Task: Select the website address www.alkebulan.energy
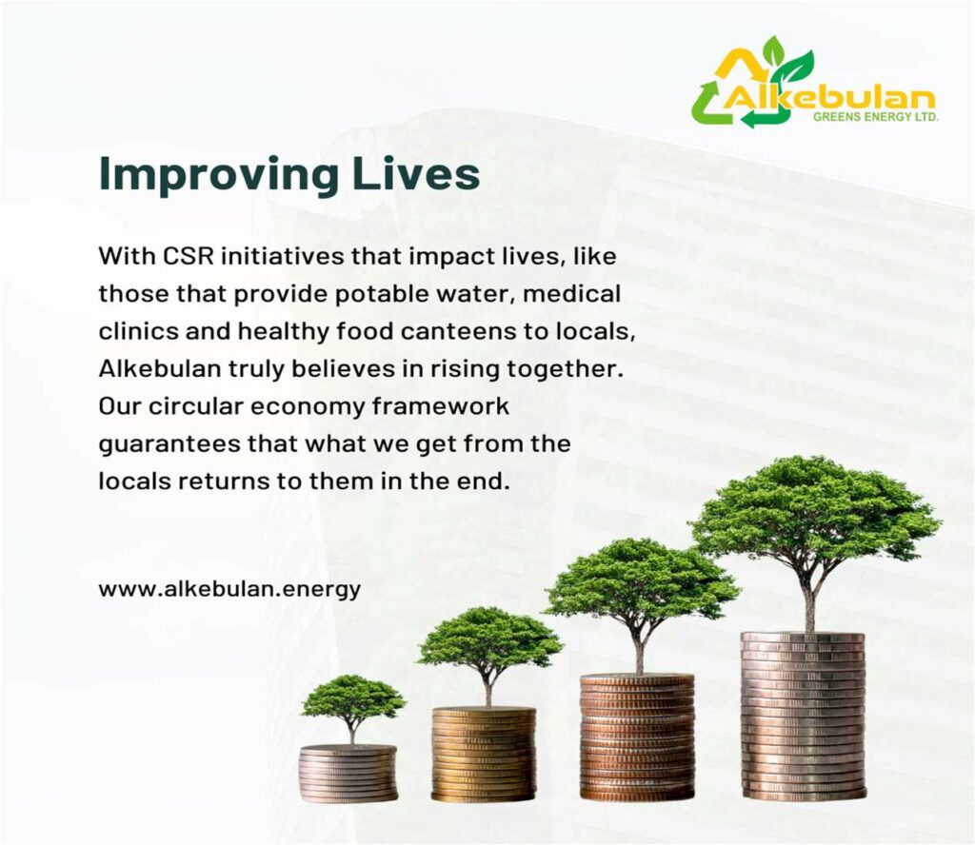pos(229,589)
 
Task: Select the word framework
pos(440,405)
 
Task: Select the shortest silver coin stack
pos(348,774)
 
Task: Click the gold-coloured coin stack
pos(484,754)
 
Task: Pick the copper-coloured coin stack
pos(637,737)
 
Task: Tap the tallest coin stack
pos(804,716)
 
